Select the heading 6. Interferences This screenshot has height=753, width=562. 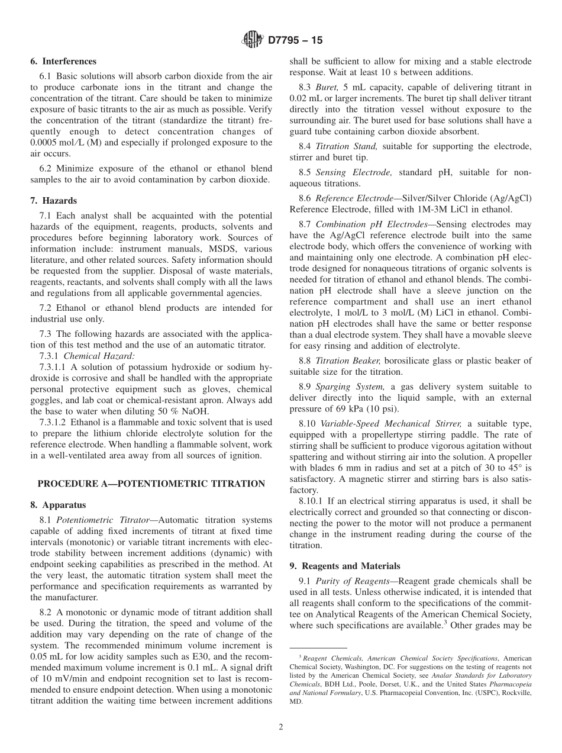[x=63, y=61]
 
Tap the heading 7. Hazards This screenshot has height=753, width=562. [x=54, y=201]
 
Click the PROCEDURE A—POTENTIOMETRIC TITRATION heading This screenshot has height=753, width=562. [x=151, y=484]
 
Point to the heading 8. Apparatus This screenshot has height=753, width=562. [x=59, y=505]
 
